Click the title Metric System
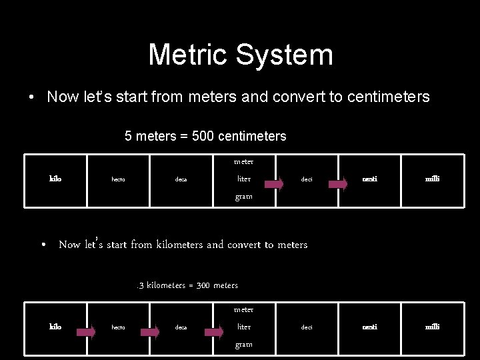click(240, 55)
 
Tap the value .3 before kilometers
click(140, 285)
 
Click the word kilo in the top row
click(56, 179)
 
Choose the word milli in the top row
click(433, 179)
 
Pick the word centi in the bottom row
click(369, 327)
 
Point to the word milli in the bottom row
click(433, 327)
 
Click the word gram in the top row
click(243, 197)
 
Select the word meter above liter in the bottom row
click(243, 309)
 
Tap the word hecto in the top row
click(118, 179)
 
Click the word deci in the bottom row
click(307, 327)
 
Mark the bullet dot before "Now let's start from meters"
click(31, 98)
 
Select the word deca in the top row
click(181, 179)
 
